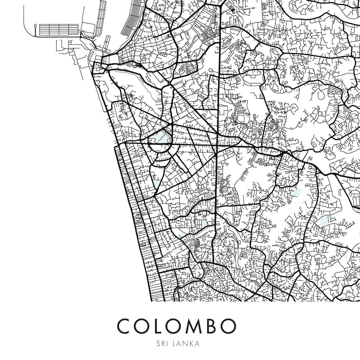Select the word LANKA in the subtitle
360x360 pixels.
186,344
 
